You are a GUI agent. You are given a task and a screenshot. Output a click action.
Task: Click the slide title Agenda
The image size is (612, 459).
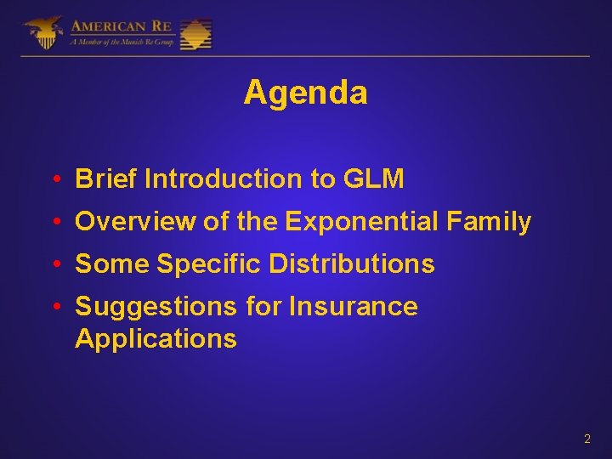(x=305, y=93)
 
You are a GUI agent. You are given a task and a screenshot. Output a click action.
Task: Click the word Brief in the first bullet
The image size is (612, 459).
(x=107, y=179)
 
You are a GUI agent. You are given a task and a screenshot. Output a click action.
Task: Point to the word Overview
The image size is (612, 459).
(x=135, y=222)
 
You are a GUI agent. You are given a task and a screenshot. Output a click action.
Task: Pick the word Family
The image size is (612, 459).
(x=489, y=222)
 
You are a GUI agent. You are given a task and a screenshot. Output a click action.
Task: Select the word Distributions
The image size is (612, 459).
(x=352, y=264)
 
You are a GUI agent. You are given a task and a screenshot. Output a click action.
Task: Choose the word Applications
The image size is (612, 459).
(x=156, y=338)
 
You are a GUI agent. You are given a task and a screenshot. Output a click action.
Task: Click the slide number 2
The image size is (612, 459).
(x=586, y=439)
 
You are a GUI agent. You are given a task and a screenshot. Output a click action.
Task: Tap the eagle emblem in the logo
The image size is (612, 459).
(x=44, y=32)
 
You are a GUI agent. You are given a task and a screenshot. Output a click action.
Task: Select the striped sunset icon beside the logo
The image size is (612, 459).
(x=196, y=34)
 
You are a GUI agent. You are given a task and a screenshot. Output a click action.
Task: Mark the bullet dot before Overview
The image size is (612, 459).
(x=54, y=223)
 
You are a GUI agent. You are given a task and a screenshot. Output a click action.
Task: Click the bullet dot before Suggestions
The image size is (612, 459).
(x=54, y=307)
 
